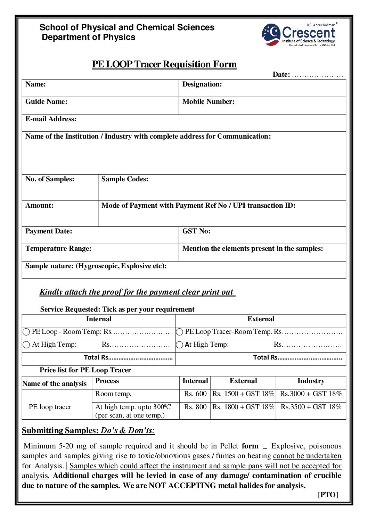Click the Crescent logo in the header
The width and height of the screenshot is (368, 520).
(x=299, y=34)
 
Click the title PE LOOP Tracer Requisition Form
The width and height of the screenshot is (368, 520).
(x=164, y=64)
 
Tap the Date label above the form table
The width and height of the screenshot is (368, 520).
(x=281, y=74)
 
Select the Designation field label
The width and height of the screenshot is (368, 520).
(x=202, y=84)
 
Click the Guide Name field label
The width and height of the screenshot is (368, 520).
(x=46, y=102)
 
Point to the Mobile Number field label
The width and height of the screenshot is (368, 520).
(x=208, y=102)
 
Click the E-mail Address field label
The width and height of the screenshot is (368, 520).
(x=51, y=119)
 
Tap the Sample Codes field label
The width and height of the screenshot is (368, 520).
(x=124, y=179)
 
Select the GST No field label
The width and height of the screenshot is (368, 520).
(x=196, y=231)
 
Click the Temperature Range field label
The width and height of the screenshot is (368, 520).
(x=58, y=249)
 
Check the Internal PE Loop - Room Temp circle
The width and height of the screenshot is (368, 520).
(x=26, y=332)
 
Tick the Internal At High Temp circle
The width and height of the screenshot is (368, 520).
(x=26, y=345)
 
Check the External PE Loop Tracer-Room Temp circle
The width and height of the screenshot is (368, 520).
(x=179, y=332)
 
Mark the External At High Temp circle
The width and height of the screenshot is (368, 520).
(x=179, y=345)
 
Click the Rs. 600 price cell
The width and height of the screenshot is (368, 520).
(x=195, y=394)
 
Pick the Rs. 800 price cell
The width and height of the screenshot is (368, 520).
(x=195, y=407)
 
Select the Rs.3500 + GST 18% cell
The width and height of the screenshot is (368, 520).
(x=311, y=407)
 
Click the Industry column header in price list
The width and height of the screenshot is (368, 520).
(x=311, y=381)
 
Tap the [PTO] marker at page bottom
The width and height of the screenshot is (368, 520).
(x=328, y=495)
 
